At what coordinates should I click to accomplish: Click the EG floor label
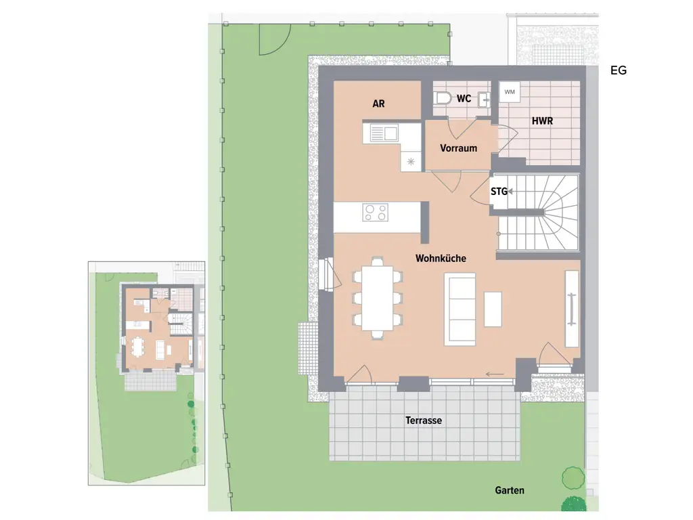click(x=618, y=70)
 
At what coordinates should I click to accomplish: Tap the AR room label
click(x=378, y=104)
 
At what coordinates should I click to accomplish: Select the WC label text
click(x=464, y=99)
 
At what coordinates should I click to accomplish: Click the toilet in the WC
click(x=443, y=99)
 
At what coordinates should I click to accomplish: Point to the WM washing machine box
click(x=509, y=91)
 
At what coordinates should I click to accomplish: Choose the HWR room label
click(x=542, y=121)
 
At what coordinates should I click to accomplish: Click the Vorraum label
click(x=458, y=148)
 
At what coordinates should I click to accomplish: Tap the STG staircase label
click(x=499, y=192)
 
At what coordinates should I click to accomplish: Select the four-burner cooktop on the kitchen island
click(x=376, y=213)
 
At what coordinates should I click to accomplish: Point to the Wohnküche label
click(x=441, y=258)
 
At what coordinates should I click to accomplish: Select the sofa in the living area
click(x=460, y=308)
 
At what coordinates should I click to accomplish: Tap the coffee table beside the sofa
click(x=493, y=309)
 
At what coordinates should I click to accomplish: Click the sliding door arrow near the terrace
click(x=495, y=374)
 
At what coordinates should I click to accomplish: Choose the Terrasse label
click(x=424, y=420)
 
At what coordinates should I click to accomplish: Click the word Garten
click(x=510, y=491)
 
